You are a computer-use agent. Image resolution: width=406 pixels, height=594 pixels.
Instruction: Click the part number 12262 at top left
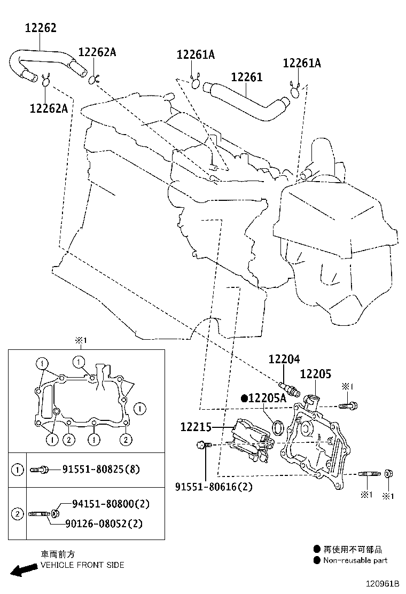[x=41, y=28]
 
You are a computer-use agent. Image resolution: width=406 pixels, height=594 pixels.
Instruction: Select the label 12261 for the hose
[x=246, y=77]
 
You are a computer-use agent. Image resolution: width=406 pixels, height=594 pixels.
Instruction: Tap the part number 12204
[x=284, y=359]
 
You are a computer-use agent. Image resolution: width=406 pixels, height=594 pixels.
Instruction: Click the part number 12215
[x=196, y=427]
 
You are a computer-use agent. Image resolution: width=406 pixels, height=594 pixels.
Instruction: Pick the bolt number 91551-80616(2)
[x=214, y=487]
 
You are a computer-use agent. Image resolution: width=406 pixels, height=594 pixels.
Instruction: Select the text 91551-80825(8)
[x=101, y=470]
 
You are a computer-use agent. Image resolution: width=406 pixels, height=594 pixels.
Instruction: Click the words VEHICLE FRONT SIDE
[x=82, y=565]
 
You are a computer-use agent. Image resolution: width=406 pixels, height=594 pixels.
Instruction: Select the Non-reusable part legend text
[x=356, y=560]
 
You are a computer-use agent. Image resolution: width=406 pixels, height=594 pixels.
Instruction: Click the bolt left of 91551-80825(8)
[x=41, y=470]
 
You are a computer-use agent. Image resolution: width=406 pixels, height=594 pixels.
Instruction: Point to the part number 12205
[x=315, y=374]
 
